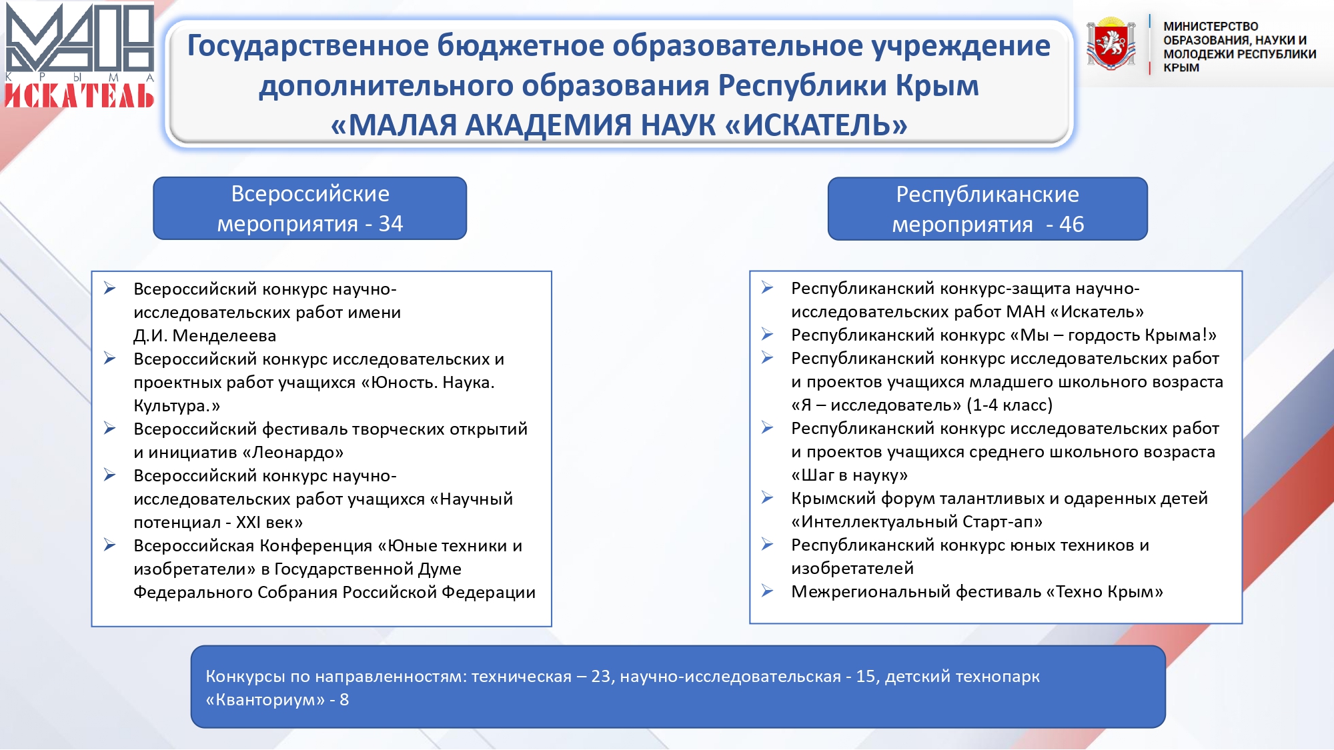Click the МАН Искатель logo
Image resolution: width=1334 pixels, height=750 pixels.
(80, 55)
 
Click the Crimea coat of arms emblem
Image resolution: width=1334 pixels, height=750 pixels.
(1111, 43)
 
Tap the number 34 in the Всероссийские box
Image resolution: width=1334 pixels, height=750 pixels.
(391, 224)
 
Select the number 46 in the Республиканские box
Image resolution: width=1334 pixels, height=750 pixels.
(1071, 225)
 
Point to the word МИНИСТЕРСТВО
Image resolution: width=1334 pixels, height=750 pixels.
(1211, 27)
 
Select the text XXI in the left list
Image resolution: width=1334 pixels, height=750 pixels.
(248, 523)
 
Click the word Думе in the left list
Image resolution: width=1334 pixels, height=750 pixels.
(440, 569)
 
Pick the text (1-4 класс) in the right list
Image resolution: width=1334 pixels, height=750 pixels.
(1009, 405)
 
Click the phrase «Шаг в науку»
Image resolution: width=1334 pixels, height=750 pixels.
(850, 475)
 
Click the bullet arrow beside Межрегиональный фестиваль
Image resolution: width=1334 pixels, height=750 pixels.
(768, 591)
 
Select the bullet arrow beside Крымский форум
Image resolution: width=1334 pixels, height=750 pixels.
(768, 497)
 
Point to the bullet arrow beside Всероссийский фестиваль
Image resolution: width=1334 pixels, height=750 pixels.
(110, 428)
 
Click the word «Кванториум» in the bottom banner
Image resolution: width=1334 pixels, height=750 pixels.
(265, 700)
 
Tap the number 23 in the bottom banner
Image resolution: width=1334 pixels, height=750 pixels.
(601, 677)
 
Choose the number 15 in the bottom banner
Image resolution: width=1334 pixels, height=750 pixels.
(866, 677)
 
